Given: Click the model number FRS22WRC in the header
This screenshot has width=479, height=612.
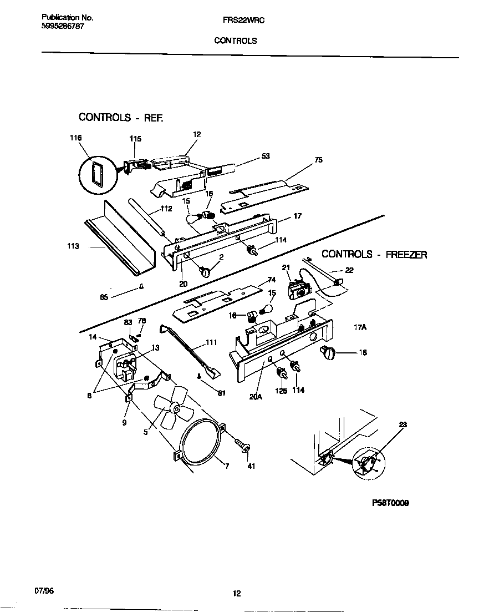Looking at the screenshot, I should tap(235, 19).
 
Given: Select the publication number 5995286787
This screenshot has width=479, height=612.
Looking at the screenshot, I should tap(63, 26).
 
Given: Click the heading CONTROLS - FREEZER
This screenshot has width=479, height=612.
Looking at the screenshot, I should tap(374, 254).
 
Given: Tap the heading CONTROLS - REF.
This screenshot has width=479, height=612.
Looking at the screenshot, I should tap(121, 117).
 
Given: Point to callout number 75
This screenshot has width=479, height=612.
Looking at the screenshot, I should tap(318, 161).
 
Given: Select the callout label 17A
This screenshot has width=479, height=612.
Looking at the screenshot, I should tap(360, 328).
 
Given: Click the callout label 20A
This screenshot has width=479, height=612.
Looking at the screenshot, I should tap(256, 397).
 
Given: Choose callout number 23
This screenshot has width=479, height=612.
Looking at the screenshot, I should tap(402, 425).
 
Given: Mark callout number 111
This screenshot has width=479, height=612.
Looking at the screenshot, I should tap(211, 342).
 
